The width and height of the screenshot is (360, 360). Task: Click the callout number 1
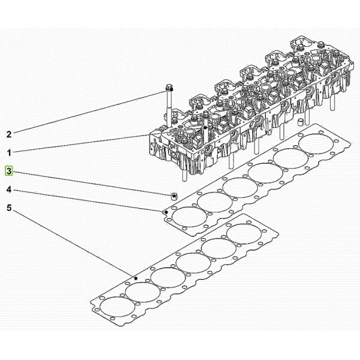[9, 152]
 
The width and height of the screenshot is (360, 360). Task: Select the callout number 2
[9, 134]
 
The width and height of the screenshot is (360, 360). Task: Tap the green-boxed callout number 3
[9, 171]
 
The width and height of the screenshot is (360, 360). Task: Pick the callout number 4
[9, 190]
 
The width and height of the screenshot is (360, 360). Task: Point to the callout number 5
[9, 208]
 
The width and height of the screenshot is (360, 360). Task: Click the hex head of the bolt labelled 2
[169, 88]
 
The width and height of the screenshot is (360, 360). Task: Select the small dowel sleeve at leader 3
[174, 196]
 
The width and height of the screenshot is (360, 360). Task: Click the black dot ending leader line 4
[167, 212]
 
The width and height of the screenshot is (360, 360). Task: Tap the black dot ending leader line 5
[136, 278]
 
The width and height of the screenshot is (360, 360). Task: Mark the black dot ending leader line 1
[206, 127]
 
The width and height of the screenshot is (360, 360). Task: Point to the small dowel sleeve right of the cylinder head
[301, 122]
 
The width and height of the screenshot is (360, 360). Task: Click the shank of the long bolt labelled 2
[169, 108]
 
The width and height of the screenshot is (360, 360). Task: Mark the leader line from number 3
[92, 183]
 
